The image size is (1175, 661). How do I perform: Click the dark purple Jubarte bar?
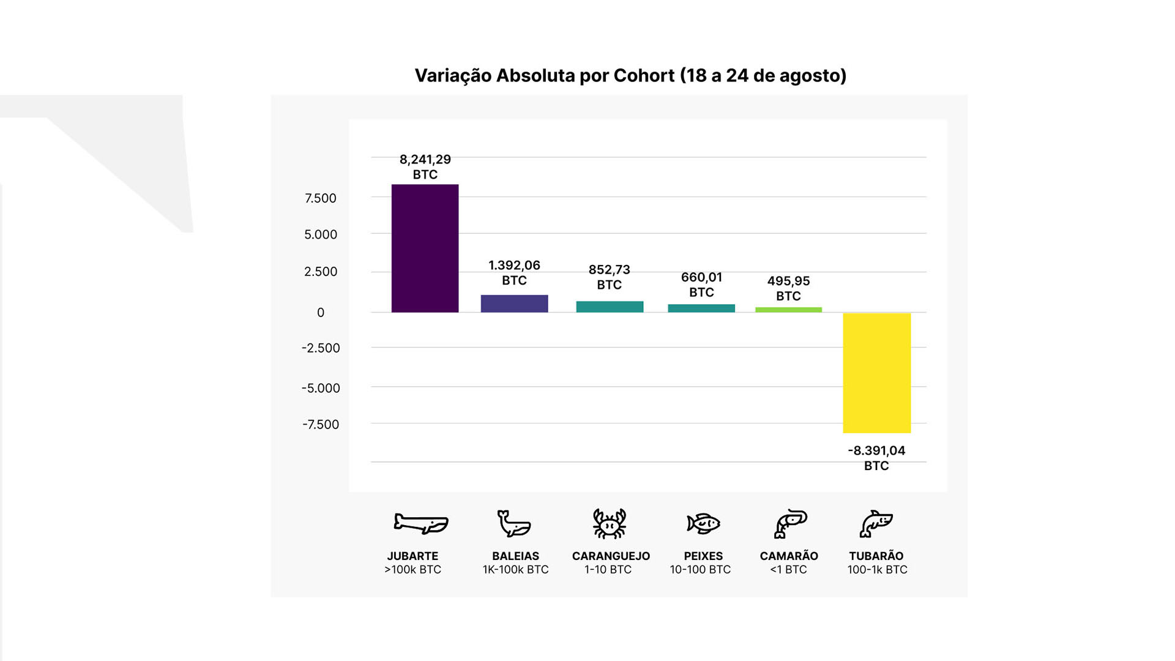425,248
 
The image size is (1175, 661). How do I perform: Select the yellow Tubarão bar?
876,373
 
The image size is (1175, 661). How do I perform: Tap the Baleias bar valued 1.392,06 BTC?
514,304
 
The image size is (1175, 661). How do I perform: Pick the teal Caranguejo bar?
610,307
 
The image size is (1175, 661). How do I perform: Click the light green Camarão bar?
788,310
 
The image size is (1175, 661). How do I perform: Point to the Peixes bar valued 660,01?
701,308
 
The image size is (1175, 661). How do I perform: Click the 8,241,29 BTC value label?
425,166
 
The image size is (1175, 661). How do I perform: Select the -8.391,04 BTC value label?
876,458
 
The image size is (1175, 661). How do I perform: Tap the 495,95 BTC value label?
788,288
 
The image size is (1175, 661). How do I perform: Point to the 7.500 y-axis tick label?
321,198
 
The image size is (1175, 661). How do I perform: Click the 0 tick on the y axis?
321,313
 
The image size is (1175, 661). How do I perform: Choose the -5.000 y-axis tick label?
321,388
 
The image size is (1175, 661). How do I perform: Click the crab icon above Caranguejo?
610,523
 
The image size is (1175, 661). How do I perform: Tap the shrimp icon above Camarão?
790,524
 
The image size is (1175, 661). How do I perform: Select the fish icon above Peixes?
703,524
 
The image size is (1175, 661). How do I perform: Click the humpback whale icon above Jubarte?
421,523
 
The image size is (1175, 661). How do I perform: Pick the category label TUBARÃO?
876,556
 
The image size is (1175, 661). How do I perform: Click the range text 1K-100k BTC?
515,570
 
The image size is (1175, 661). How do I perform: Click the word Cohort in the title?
643,75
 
